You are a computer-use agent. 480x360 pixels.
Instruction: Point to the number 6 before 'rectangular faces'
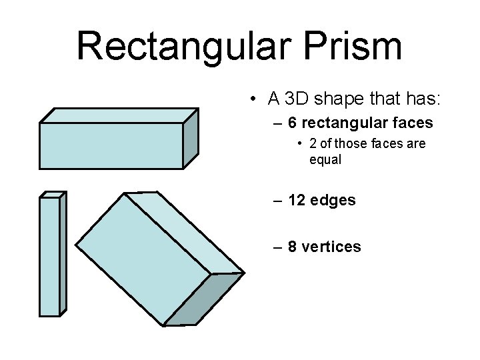click(x=293, y=123)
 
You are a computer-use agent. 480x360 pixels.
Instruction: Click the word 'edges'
click(x=334, y=200)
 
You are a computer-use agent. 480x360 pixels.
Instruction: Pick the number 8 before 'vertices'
click(x=293, y=247)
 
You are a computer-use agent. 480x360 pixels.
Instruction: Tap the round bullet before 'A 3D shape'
click(x=255, y=100)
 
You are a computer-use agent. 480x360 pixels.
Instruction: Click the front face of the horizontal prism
click(x=111, y=145)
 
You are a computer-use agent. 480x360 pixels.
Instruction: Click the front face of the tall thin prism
click(x=49, y=256)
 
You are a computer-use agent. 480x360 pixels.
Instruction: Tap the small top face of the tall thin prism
click(x=52, y=195)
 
